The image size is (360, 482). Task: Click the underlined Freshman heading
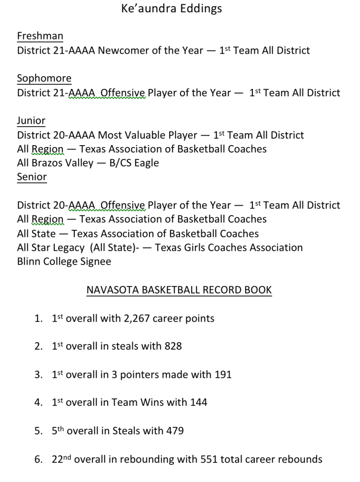point(40,36)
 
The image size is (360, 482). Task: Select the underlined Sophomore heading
point(44,79)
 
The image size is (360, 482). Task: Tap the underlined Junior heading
point(31,121)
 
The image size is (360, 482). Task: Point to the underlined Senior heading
point(32,177)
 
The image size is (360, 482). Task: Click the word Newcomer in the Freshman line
point(122,50)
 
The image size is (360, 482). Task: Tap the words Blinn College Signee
point(64,262)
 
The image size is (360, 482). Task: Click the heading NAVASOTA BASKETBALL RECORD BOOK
point(179,290)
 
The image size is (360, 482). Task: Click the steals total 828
point(173,346)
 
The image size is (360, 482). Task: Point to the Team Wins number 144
point(199,403)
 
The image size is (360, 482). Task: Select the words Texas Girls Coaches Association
point(229,247)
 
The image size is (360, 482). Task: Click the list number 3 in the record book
point(38,375)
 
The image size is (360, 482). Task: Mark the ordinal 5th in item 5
point(58,431)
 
